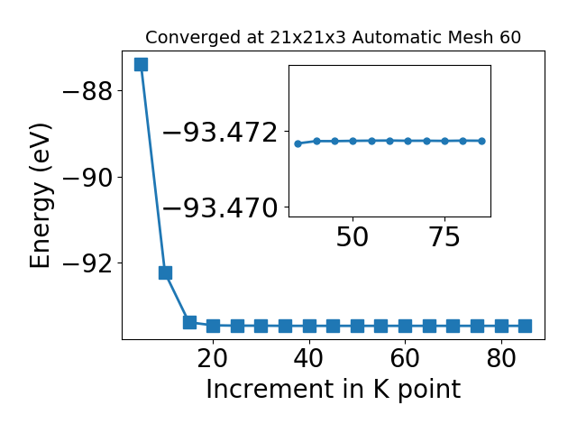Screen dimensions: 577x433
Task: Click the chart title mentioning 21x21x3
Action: [x=333, y=38]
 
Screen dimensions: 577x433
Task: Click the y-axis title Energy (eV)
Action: [x=40, y=196]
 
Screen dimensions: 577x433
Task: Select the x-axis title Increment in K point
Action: [x=333, y=389]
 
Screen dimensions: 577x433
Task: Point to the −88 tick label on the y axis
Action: [x=87, y=91]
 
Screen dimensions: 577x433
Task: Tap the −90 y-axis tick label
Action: [x=87, y=177]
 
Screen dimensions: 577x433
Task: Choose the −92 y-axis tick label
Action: [x=87, y=263]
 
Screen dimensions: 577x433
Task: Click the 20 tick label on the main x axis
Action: [x=213, y=358]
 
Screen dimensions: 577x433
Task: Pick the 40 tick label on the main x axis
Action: [x=308, y=358]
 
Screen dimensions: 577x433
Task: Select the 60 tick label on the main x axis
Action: [x=405, y=358]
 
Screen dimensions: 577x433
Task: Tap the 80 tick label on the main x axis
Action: [x=501, y=358]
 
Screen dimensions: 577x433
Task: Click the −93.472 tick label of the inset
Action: [x=220, y=132]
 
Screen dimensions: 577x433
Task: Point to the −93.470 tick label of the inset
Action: [x=220, y=207]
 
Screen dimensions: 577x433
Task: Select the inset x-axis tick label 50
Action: [x=353, y=237]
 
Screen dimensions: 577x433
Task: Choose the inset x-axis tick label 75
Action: [x=444, y=237]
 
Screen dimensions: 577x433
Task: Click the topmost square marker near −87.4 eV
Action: [x=142, y=64]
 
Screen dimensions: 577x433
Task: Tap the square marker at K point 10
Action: [x=165, y=272]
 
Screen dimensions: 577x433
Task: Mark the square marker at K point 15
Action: [x=189, y=322]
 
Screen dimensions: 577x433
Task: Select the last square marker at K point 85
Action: [x=525, y=326]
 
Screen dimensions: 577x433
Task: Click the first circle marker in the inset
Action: [x=298, y=143]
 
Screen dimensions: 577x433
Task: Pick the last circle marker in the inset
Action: [x=481, y=141]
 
